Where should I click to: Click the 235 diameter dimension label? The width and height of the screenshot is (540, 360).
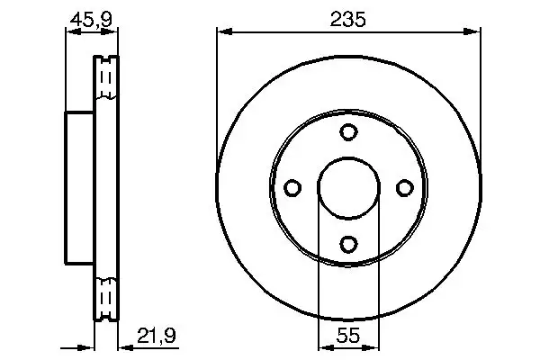(x=347, y=20)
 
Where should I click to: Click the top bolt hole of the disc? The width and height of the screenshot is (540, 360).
(x=348, y=132)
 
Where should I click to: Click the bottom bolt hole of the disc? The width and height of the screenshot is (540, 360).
(x=348, y=243)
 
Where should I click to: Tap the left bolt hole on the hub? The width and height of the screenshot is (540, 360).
(x=292, y=187)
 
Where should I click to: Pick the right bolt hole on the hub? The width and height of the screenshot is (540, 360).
(x=404, y=187)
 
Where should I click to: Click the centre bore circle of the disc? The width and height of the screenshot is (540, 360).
(x=348, y=187)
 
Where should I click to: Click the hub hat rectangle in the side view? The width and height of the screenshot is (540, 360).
(x=79, y=187)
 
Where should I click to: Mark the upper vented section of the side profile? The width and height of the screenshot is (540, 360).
(x=106, y=81)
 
